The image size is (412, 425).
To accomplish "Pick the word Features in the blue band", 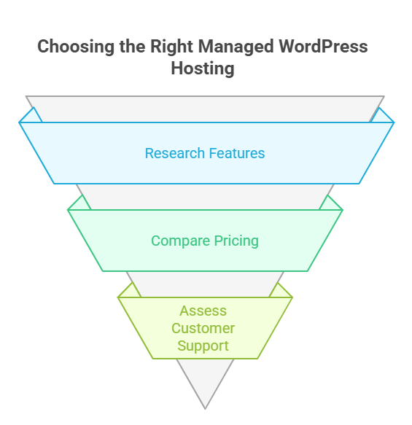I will click(236, 153).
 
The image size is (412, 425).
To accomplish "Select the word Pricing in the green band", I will click(234, 241).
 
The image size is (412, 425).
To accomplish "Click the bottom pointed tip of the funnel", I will click(205, 405).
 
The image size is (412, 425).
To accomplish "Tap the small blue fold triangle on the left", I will click(29, 117).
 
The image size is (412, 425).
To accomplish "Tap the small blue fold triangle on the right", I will click(381, 117).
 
